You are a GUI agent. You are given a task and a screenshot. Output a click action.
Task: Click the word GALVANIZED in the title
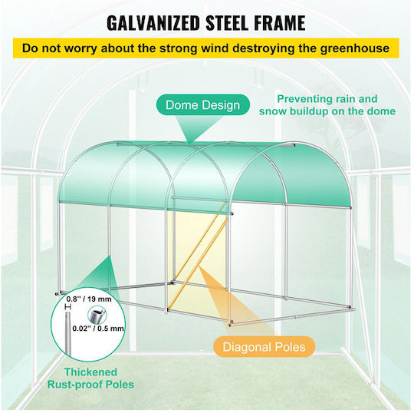pyautogui.click(x=153, y=24)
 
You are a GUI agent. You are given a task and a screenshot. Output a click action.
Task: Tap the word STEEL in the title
pyautogui.click(x=227, y=24)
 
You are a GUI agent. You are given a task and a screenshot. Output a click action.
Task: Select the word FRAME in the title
pyautogui.click(x=280, y=24)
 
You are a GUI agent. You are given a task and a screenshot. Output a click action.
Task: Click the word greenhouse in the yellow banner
pyautogui.click(x=355, y=49)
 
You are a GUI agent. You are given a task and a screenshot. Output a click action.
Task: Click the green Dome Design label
pyautogui.click(x=202, y=105)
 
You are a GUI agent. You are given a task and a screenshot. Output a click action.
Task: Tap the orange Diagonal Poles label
pyautogui.click(x=264, y=347)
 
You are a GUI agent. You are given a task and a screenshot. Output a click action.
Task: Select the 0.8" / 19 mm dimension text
pyautogui.click(x=89, y=299)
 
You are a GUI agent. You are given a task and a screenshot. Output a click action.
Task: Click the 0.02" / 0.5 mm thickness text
pyautogui.click(x=98, y=328)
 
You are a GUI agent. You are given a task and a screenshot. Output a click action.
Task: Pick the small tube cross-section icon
pyautogui.click(x=97, y=315)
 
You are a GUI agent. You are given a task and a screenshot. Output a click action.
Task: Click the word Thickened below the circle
pyautogui.click(x=90, y=372)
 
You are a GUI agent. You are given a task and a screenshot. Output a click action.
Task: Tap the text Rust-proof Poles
pyautogui.click(x=90, y=384)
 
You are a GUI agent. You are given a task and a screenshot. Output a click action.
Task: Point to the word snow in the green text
pyautogui.click(x=272, y=111)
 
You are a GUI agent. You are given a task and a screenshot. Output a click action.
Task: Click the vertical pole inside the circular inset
pyautogui.click(x=67, y=334)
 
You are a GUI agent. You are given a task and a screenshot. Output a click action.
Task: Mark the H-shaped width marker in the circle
pyautogui.click(x=68, y=307)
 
